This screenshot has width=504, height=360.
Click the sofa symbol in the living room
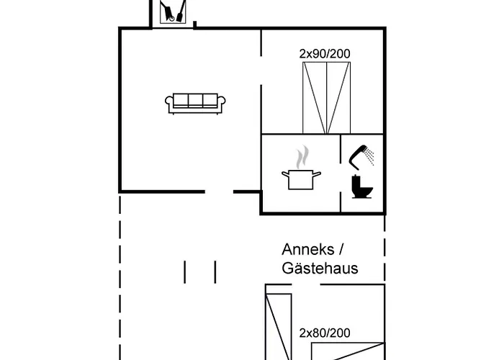pos(195,104)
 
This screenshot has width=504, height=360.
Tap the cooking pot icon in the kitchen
pos(301,179)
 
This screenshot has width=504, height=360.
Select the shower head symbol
pos(359,157)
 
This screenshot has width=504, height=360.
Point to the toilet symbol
pos(362,186)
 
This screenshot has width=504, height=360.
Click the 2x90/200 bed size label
pos(325,54)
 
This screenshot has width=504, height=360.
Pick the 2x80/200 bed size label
pos(325,333)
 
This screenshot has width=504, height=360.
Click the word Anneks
pos(308,249)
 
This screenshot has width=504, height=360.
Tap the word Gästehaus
pos(320,269)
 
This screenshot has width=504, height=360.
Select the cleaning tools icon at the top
pos(173,12)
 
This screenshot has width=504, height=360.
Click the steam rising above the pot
pos(302,157)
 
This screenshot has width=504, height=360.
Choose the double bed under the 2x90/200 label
pos(327,98)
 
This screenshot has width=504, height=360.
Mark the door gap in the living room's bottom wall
pos(219,192)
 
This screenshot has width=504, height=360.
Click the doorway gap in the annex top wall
pos(306,284)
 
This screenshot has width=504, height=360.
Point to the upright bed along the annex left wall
pos(279,327)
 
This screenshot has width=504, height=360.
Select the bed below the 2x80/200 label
pos(348,351)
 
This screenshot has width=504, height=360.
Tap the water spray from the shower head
pos(370,157)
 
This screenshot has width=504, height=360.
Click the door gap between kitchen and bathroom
pos(341,176)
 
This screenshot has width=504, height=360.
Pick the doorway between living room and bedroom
pos(261,71)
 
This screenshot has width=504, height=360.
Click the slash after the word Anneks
pos(341,249)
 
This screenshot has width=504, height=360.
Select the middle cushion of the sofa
pos(195,100)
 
